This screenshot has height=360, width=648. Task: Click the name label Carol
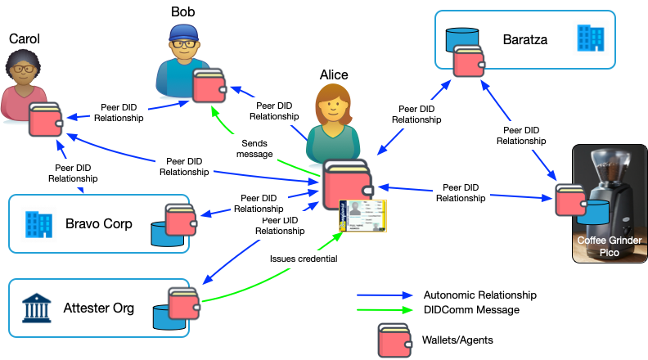tap(24, 38)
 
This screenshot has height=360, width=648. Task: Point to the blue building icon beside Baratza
tap(590, 37)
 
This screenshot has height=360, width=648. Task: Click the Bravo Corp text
tap(99, 223)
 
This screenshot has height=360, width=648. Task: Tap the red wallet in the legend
tap(394, 339)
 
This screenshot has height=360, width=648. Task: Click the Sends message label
tap(254, 147)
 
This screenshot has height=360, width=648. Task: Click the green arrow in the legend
tap(385, 309)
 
